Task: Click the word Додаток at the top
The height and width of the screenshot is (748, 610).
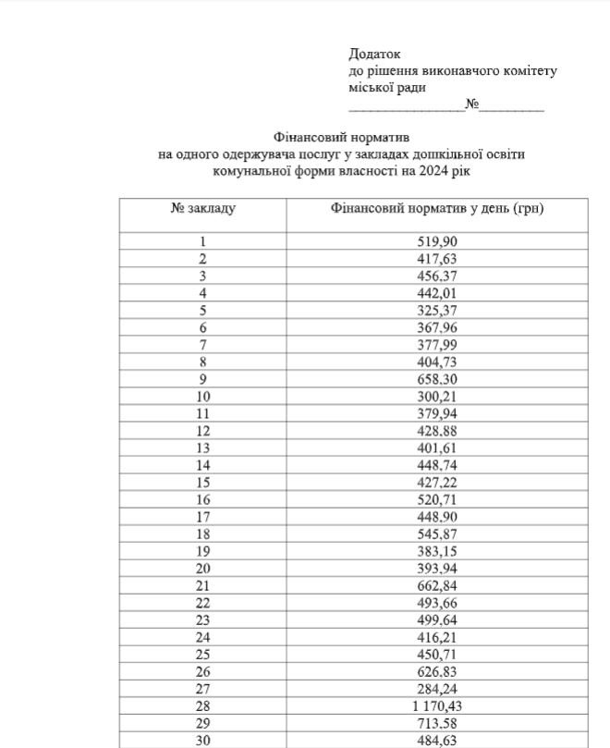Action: [375, 55]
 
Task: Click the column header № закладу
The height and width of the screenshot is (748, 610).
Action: [203, 208]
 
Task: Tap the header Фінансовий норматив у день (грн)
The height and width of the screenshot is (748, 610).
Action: [436, 208]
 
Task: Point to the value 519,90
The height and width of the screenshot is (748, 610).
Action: [437, 242]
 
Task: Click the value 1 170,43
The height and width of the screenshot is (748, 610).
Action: [437, 705]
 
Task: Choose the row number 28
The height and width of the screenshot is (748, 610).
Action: [203, 705]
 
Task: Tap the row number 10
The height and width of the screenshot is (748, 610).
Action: [203, 397]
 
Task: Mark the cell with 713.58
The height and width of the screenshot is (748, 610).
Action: [437, 723]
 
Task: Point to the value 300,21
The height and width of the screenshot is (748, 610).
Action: [437, 397]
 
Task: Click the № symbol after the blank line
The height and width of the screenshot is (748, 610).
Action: [471, 104]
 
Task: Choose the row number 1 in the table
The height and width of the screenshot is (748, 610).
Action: [203, 242]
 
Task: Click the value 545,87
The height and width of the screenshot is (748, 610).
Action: [437, 534]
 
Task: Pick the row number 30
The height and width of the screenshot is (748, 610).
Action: [203, 740]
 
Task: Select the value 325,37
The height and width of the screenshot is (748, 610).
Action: [437, 311]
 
